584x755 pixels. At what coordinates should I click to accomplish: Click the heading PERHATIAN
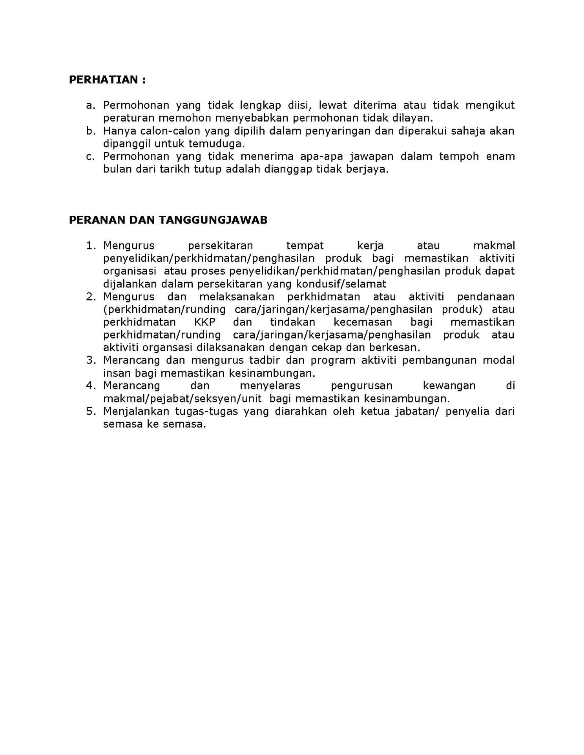pyautogui.click(x=107, y=80)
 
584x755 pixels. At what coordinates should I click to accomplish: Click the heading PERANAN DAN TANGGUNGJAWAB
pyautogui.click(x=168, y=220)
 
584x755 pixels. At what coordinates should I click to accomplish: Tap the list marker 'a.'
pyautogui.click(x=91, y=105)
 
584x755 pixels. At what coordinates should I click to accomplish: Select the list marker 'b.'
pyautogui.click(x=91, y=131)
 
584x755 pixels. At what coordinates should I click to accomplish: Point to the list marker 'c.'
pyautogui.click(x=91, y=156)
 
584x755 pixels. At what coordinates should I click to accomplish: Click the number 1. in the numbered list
pyautogui.click(x=91, y=246)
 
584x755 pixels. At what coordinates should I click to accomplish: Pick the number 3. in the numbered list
pyautogui.click(x=91, y=360)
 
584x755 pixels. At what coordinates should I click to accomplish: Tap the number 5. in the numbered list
pyautogui.click(x=91, y=411)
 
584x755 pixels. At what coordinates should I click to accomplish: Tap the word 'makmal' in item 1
pyautogui.click(x=494, y=246)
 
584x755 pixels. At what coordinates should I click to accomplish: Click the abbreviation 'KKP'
pyautogui.click(x=205, y=322)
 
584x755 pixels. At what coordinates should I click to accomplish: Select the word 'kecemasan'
pyautogui.click(x=363, y=322)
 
